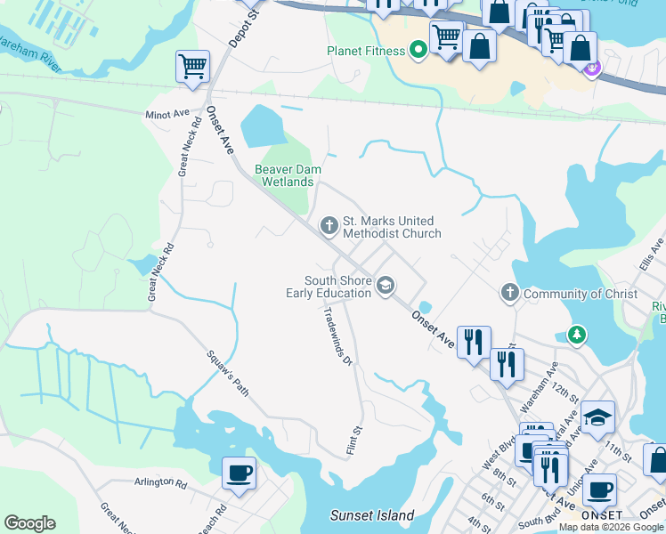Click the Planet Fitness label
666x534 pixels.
[x=365, y=51]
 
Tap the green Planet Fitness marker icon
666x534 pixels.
[x=417, y=50]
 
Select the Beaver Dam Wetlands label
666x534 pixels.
[x=287, y=175]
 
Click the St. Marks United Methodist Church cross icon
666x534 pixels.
[x=329, y=226]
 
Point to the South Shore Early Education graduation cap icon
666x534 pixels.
[x=385, y=286]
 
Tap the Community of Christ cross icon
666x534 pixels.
[x=509, y=293]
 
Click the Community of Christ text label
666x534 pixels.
[x=581, y=294]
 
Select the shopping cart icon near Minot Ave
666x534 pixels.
[x=192, y=67]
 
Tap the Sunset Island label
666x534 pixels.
[x=372, y=515]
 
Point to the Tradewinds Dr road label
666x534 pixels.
[x=338, y=337]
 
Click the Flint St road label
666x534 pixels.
[x=354, y=436]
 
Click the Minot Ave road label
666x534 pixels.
[x=167, y=114]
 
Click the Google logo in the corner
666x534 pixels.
[x=29, y=523]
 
